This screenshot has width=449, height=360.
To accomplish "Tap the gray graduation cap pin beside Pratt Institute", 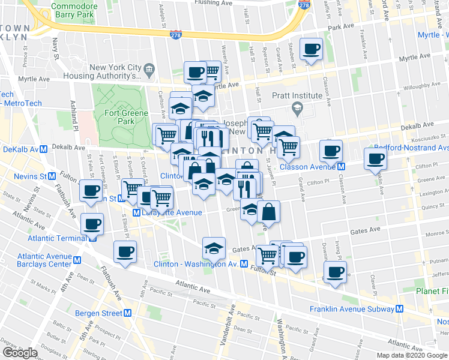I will click(x=296, y=109).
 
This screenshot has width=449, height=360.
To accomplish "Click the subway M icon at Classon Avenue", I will click(x=341, y=166).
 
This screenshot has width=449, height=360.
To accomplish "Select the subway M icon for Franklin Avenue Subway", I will click(x=400, y=309).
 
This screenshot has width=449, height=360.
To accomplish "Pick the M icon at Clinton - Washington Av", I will click(x=244, y=264).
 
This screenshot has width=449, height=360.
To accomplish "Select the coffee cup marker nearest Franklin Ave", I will click(x=375, y=159).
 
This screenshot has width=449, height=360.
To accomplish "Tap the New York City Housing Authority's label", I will click(x=115, y=71).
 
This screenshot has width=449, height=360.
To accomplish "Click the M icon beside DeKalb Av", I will click(x=44, y=149).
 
